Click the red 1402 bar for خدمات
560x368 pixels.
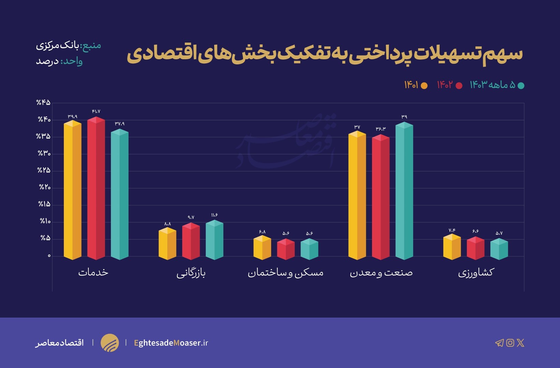click(x=96, y=189)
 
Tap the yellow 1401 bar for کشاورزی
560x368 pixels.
click(x=452, y=247)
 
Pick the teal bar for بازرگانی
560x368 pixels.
click(x=215, y=240)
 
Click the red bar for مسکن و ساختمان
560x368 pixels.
click(x=285, y=249)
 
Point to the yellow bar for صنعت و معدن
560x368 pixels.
click(x=357, y=196)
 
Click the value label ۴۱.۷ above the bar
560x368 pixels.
click(x=96, y=111)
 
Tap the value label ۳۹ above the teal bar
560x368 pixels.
click(x=404, y=117)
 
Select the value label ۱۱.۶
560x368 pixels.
click(x=215, y=215)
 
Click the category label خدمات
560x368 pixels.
click(x=93, y=273)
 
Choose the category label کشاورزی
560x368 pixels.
click(x=476, y=273)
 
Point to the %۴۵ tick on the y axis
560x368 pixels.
click(x=44, y=103)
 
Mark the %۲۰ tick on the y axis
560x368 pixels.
click(x=44, y=187)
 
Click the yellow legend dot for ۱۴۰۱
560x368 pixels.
click(x=424, y=86)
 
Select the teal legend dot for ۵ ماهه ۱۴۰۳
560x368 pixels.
click(x=521, y=86)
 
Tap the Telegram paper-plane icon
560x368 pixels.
click(x=499, y=343)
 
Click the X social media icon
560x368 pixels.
click(x=520, y=343)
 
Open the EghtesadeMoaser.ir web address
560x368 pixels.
click(x=171, y=343)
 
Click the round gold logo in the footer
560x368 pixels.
click(x=110, y=343)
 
